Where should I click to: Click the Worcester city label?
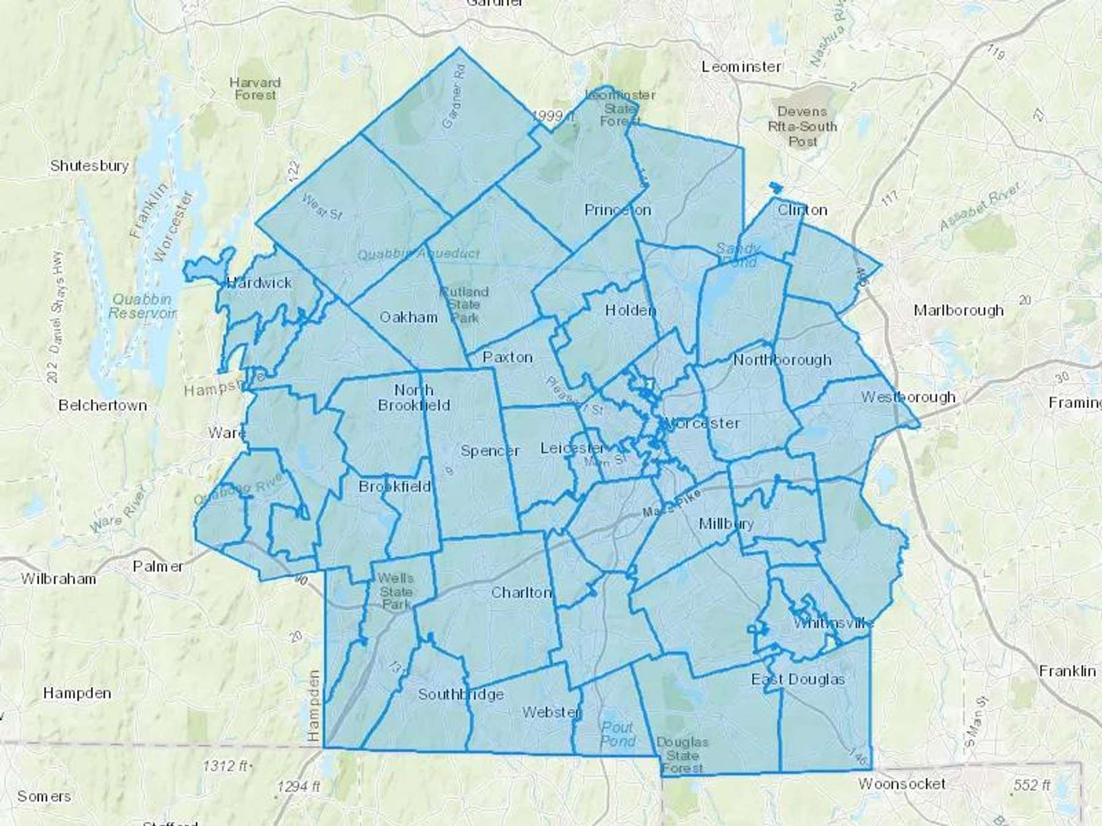pyautogui.click(x=702, y=423)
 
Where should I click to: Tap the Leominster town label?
pyautogui.click(x=741, y=67)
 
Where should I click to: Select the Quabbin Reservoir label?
pyautogui.click(x=143, y=306)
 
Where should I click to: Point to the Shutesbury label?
pyautogui.click(x=89, y=166)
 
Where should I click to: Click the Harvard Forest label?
pyautogui.click(x=255, y=89)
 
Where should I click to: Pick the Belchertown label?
pyautogui.click(x=103, y=405)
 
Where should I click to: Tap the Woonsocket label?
pyautogui.click(x=901, y=784)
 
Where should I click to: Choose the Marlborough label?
pyautogui.click(x=958, y=310)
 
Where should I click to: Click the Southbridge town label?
pyautogui.click(x=460, y=694)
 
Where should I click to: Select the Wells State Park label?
pyautogui.click(x=395, y=591)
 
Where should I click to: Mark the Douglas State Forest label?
pyautogui.click(x=682, y=755)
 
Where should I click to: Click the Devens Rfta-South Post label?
pyautogui.click(x=802, y=127)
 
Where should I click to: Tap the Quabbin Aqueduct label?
pyautogui.click(x=419, y=253)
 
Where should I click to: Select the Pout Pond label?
pyautogui.click(x=617, y=734)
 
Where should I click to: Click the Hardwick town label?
pyautogui.click(x=259, y=283)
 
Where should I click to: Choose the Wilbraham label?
pyautogui.click(x=58, y=579)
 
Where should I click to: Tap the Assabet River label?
pyautogui.click(x=980, y=207)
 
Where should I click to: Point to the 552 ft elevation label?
pyautogui.click(x=1032, y=785)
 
